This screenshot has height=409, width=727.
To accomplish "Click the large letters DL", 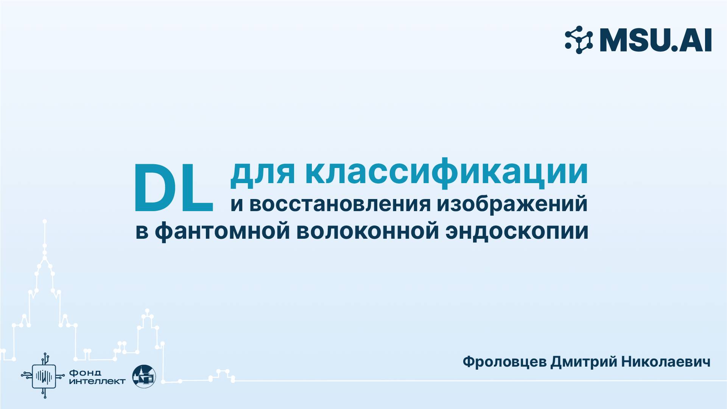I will point(173,188).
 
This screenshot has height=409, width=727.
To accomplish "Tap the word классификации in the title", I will point(447,173).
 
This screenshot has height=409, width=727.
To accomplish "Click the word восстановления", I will point(340,204).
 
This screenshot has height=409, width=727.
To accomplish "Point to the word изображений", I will point(512,205).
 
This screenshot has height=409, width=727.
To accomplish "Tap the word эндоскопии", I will point(517,232).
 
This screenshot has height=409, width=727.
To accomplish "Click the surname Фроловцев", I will point(505,362).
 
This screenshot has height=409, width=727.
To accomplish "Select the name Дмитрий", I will point(582,362).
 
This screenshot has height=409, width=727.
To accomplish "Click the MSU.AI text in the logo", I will point(655,40).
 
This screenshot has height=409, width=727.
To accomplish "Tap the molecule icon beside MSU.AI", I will point(579,40).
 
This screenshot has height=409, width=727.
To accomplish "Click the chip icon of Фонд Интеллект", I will point(44,376).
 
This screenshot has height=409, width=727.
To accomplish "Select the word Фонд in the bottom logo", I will point(86,373).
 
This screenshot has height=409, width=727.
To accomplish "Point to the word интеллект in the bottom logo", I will point(98,381).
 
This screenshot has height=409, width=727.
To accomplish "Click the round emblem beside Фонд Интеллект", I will point(144,376).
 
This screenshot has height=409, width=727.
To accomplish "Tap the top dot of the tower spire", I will point(45,221).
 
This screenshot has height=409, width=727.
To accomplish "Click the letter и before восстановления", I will point(237,205).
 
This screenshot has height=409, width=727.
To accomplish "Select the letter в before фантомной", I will point(142,232).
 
